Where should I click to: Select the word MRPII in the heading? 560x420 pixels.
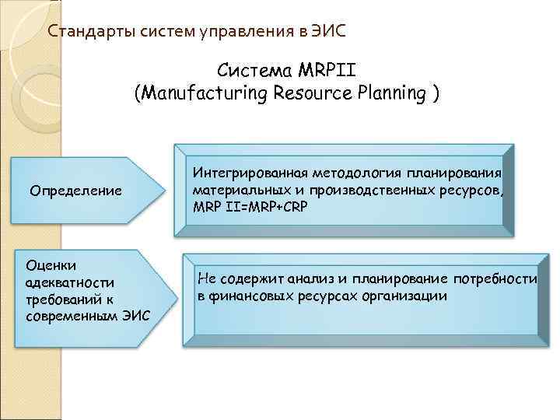pyautogui.click(x=325, y=70)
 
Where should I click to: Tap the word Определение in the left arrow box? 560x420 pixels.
pyautogui.click(x=75, y=191)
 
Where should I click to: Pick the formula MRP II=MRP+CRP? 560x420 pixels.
pyautogui.click(x=244, y=206)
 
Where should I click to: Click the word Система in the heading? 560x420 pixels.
pyautogui.click(x=256, y=70)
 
